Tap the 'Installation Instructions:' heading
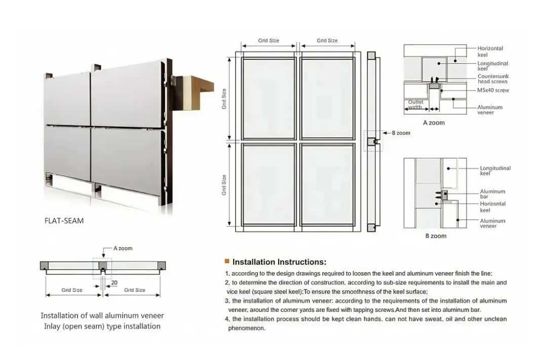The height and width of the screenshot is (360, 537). [x=279, y=262]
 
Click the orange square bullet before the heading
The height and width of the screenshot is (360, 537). [x=227, y=261]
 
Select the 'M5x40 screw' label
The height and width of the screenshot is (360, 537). [x=493, y=90]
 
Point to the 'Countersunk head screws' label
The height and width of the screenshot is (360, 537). [x=492, y=79]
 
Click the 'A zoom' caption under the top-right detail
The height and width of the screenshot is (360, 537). [x=434, y=123]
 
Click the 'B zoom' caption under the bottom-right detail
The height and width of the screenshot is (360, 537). [x=436, y=236]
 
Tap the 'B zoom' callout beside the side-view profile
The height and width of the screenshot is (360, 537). [x=401, y=133]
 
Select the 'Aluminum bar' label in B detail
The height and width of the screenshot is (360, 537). [x=492, y=194]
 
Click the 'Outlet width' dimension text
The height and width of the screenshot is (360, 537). [x=415, y=104]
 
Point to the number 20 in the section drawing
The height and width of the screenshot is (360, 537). [x=114, y=283]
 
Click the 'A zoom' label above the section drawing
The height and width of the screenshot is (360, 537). [x=123, y=248]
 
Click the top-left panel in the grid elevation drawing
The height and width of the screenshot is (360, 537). [x=269, y=97]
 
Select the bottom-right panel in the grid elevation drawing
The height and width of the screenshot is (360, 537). [x=327, y=184]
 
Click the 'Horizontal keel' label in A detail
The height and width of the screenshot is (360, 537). [x=490, y=51]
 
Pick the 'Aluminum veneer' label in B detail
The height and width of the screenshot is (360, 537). [x=492, y=224]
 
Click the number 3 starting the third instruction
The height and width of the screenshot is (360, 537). [x=227, y=301]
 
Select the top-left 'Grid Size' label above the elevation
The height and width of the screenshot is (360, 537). [x=269, y=41]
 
